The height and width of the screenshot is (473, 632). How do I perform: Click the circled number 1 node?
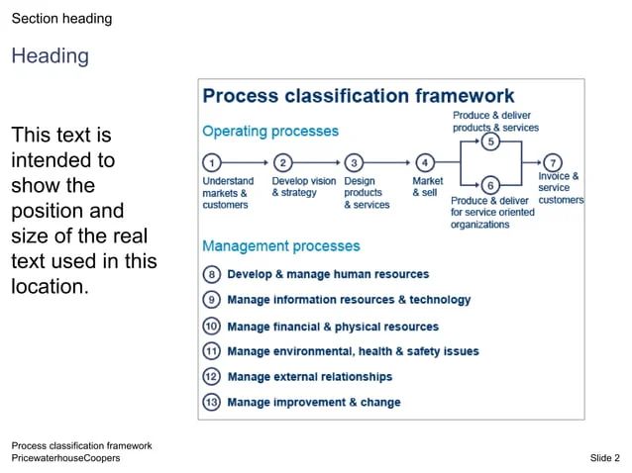click(x=211, y=162)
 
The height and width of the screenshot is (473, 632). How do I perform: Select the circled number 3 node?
click(x=354, y=162)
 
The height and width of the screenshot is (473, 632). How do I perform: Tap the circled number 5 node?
click(x=489, y=142)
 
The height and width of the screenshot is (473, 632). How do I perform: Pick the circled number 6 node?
click(x=489, y=184)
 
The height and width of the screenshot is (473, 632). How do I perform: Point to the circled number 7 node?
click(x=552, y=162)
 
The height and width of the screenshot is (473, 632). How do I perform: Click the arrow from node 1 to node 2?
click(x=247, y=162)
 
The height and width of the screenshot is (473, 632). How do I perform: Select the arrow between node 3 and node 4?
click(x=388, y=162)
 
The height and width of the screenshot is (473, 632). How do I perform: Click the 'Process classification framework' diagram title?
click(x=358, y=96)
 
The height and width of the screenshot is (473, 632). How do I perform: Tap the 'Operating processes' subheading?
click(x=270, y=131)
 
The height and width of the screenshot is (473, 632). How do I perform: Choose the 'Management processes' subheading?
click(x=281, y=245)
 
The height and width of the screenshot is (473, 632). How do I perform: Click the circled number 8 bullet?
click(x=211, y=274)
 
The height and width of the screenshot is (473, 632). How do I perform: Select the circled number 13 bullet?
click(x=211, y=402)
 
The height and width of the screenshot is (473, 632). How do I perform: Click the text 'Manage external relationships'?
click(x=309, y=376)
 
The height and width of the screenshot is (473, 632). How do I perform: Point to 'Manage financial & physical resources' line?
click(x=332, y=326)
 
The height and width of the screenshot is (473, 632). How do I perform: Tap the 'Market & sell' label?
click(x=427, y=187)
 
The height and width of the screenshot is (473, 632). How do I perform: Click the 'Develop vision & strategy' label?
click(x=303, y=187)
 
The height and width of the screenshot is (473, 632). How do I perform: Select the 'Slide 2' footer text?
click(x=604, y=458)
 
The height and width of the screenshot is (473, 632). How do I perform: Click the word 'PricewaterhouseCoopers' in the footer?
click(x=65, y=458)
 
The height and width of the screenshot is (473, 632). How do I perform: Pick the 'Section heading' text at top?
click(x=61, y=19)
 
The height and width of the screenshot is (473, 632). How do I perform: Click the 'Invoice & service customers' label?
click(x=560, y=188)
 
